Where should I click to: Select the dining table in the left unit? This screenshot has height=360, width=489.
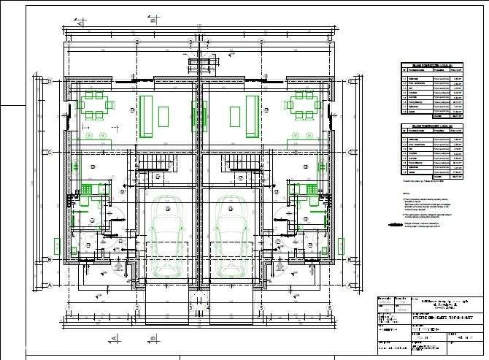[x=95, y=104]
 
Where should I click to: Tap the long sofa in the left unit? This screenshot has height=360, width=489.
[x=146, y=116]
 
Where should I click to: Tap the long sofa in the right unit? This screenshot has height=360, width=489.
[x=252, y=116]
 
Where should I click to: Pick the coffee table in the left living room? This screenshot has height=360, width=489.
[x=163, y=116]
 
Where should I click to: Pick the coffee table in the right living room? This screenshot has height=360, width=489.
[x=235, y=116]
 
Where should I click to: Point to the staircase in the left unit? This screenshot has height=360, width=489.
[x=155, y=162]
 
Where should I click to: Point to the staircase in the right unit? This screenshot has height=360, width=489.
[x=242, y=162]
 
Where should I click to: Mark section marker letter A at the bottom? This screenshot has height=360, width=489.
[x=115, y=339]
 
